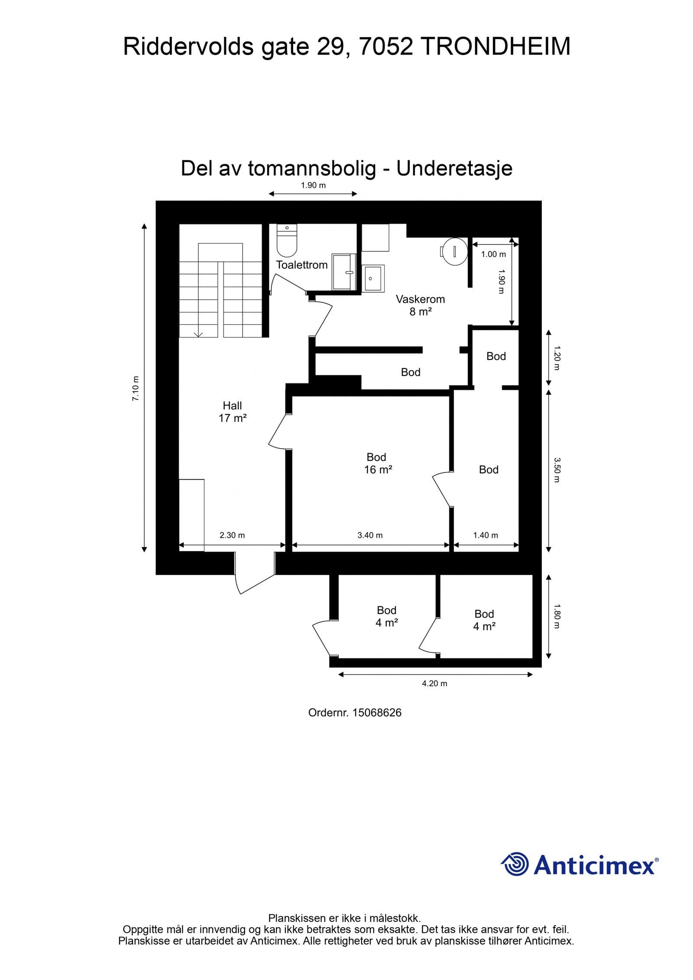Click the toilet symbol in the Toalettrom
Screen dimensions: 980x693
click(287, 242)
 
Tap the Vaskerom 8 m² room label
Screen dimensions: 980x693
click(420, 305)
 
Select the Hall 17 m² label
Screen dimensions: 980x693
click(233, 412)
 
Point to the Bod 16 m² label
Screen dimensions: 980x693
click(378, 463)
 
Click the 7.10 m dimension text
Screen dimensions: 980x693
click(136, 388)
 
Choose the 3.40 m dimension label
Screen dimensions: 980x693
click(370, 535)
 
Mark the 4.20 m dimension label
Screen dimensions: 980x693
click(434, 683)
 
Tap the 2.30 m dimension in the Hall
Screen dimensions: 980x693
click(232, 535)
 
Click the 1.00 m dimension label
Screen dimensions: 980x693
click(493, 254)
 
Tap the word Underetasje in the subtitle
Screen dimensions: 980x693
click(454, 168)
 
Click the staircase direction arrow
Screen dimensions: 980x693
click(199, 333)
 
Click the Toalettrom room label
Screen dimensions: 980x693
click(302, 265)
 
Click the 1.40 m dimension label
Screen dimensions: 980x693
click(486, 535)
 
